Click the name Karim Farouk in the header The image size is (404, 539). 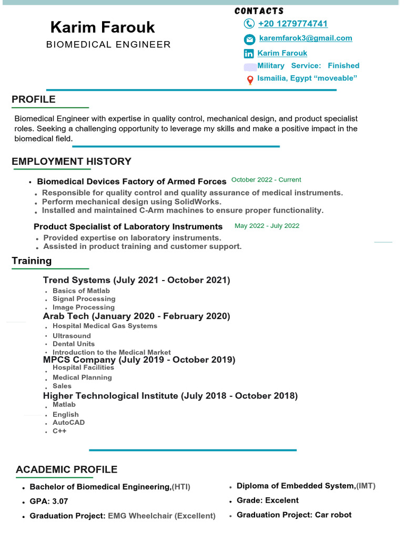click(103, 27)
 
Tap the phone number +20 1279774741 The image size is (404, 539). click(292, 24)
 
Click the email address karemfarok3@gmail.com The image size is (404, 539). click(306, 38)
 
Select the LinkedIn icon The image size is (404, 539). click(249, 54)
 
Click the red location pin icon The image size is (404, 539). click(250, 80)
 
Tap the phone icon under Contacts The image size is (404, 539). click(249, 24)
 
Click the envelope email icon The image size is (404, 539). click(249, 39)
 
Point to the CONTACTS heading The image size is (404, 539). click(259, 11)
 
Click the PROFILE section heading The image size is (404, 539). click(34, 99)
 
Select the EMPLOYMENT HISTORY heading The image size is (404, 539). click(72, 162)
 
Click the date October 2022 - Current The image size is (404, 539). click(266, 180)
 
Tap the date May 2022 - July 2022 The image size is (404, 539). click(267, 226)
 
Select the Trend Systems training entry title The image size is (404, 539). click(136, 280)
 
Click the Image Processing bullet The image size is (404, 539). click(83, 307)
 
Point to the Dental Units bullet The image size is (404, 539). click(74, 344)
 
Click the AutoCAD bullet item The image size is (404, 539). click(68, 423)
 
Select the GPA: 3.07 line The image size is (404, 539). click(49, 501)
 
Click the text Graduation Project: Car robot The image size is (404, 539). click(294, 515)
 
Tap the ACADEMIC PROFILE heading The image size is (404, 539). click(67, 470)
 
